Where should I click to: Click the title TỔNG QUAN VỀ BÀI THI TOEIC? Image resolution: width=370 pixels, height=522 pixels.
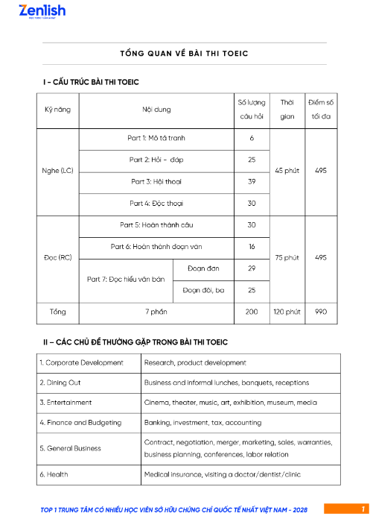coord(184,54)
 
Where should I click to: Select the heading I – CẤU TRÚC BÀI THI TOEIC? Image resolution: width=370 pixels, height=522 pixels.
coord(91,81)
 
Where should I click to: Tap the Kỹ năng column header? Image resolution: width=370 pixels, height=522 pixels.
coord(58,110)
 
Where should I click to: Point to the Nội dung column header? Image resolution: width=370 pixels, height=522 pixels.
coord(156,110)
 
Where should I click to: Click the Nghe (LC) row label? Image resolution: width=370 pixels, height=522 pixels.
coord(58,171)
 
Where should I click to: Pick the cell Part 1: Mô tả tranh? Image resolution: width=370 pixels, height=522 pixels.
coord(156,139)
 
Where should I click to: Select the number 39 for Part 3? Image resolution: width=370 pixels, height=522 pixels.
coord(252,181)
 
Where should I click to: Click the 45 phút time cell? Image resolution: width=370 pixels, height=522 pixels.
coord(287,171)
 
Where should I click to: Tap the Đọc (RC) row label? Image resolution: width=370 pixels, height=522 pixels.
coord(58,257)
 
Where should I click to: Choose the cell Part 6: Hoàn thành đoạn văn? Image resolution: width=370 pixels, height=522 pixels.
coord(156,246)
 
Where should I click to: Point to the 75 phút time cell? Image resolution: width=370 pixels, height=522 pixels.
coord(287,257)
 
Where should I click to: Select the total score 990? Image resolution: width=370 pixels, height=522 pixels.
coord(321,312)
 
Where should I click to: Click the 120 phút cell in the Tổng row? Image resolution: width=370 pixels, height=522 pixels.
coord(287,312)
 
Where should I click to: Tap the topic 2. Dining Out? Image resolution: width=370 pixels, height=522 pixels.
coord(60,383)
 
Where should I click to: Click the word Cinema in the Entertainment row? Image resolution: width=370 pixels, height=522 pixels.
coord(156,403)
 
